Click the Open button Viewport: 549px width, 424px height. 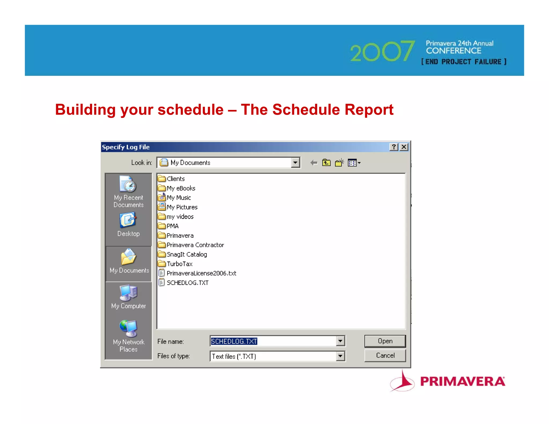[385, 341]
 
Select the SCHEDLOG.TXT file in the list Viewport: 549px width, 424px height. [187, 283]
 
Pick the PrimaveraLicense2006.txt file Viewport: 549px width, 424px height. [201, 273]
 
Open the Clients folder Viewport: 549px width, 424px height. [175, 179]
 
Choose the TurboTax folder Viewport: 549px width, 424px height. [179, 264]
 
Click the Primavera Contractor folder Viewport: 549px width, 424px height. [195, 245]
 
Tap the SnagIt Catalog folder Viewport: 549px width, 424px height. [187, 254]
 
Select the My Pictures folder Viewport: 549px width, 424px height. [182, 207]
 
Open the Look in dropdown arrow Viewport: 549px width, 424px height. [295, 163]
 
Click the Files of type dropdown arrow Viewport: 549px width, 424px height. [340, 356]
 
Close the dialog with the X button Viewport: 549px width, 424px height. [404, 147]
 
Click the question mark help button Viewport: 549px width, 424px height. [394, 147]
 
